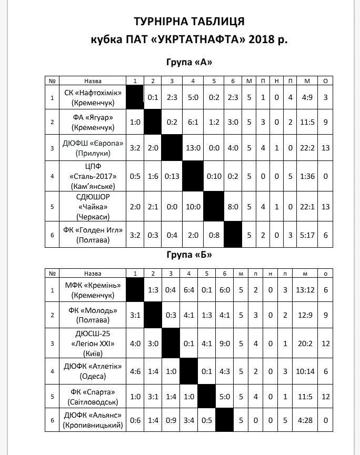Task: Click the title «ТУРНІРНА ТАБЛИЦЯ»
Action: point(189,22)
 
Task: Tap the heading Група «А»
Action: point(189,62)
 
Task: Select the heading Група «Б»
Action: point(189,255)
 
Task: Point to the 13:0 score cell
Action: point(193,148)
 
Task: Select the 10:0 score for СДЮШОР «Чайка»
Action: point(193,207)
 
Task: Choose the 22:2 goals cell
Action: point(307,148)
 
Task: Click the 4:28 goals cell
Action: point(308,420)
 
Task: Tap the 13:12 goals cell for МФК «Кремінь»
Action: point(308,289)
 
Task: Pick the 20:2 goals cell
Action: point(308,343)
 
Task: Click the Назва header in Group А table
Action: point(93,80)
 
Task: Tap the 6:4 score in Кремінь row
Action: point(189,289)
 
